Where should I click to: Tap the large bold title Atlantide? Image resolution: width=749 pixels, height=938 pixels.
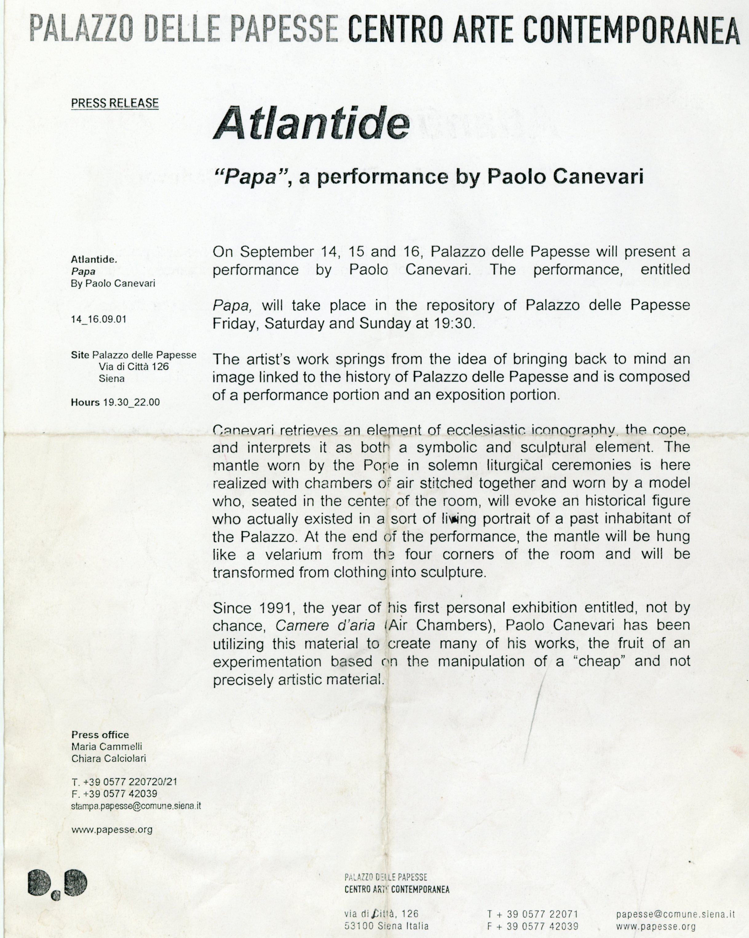tap(311, 124)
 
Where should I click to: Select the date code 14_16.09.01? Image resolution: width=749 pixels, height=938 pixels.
tap(99, 319)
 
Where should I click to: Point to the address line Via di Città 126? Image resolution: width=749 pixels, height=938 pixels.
tap(134, 366)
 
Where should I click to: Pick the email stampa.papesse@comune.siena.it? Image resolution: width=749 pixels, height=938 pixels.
tap(136, 806)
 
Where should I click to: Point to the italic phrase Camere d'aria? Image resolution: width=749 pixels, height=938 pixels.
tap(325, 626)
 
